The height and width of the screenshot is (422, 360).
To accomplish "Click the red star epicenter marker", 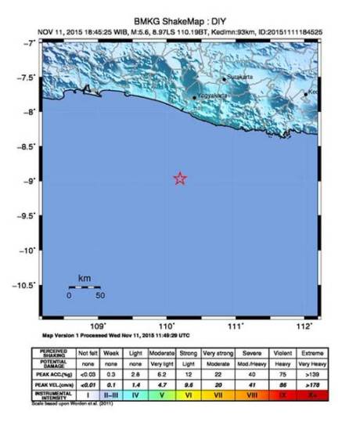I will point(180,179).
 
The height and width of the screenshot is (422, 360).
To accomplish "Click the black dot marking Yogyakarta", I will point(195,98).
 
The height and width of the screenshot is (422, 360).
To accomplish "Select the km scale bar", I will point(85,287).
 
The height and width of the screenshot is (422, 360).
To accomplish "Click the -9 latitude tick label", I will point(28,181).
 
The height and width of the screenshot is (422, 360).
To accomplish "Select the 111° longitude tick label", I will point(241,326).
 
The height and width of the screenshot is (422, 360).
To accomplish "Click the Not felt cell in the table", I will point(87,354).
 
